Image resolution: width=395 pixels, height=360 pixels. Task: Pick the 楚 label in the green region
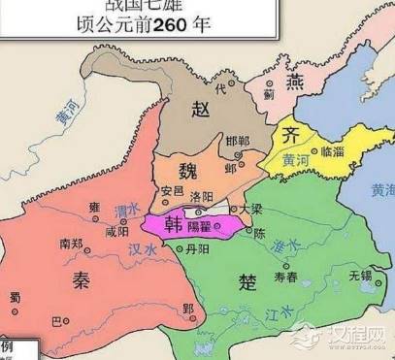tap(247, 281)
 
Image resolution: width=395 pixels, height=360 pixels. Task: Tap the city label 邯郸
tap(236, 142)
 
